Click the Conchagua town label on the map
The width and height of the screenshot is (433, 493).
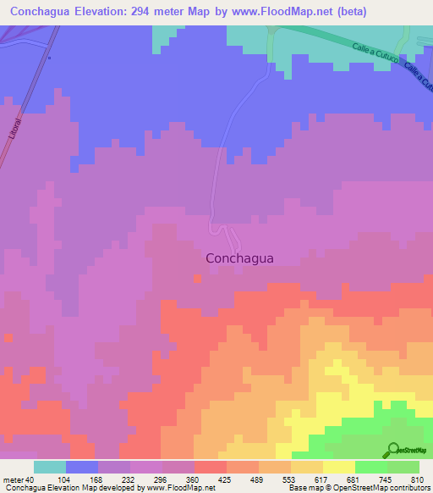tap(239, 260)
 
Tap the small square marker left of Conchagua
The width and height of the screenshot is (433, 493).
tap(197, 276)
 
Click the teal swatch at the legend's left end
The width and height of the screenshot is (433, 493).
tap(50, 466)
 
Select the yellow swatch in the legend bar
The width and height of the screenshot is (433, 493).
tap(339, 466)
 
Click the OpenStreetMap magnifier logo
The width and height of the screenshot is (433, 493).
tap(392, 450)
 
